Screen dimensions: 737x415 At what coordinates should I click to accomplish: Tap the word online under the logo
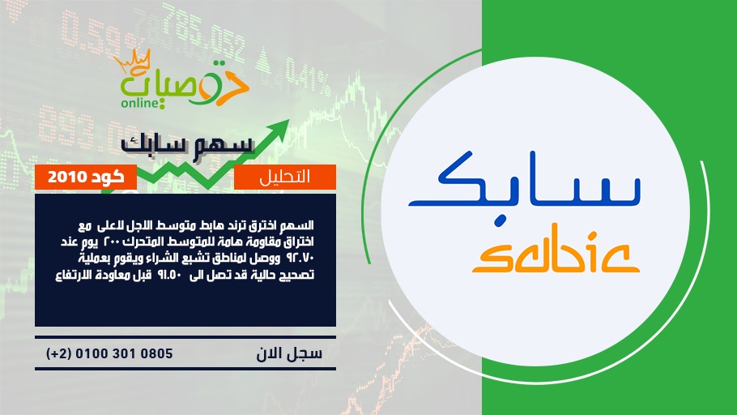click(139, 103)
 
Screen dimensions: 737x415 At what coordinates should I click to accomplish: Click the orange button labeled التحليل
click(285, 177)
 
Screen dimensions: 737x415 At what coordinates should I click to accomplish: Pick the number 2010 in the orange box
click(67, 177)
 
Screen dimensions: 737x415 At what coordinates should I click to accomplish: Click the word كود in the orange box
click(108, 177)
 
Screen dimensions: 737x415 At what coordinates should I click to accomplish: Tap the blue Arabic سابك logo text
click(525, 179)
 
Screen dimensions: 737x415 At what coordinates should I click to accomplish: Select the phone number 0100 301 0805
click(124, 353)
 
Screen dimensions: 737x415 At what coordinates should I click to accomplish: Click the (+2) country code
click(59, 353)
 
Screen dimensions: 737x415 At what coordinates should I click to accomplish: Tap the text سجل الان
click(289, 353)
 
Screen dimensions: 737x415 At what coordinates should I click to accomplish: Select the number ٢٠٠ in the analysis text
click(127, 242)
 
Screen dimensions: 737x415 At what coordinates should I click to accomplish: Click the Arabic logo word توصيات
click(185, 83)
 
